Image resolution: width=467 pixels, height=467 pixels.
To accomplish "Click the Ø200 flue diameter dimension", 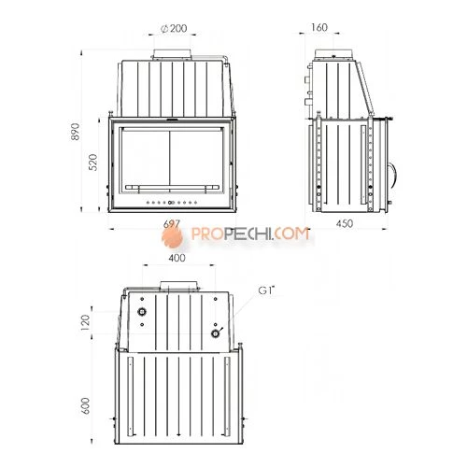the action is coord(174,28).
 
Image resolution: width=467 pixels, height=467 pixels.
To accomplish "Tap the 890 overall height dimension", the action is coord(76,132).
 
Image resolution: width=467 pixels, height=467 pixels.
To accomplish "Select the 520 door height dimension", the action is coord(92,162).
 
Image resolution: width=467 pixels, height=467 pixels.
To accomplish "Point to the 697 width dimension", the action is coord(172,223).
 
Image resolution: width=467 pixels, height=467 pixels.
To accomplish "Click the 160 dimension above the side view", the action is coord(319,27).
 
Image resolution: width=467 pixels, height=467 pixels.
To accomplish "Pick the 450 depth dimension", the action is coord(345,223).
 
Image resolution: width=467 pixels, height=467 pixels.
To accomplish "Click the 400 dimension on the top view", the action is coord(177,258).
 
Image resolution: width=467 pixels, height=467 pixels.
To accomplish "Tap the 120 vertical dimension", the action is coord(85,322).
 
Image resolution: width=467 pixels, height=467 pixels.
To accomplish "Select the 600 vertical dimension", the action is coord(85,405).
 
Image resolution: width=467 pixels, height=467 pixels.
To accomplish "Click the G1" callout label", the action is coord(267,290).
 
